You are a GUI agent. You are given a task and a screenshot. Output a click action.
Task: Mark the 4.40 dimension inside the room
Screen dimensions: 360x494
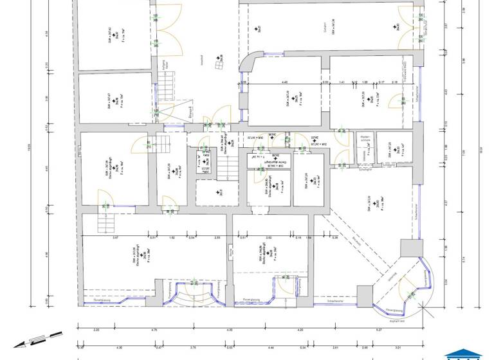(285, 82)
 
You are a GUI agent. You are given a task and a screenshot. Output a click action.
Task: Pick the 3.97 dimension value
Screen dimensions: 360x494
(116, 238)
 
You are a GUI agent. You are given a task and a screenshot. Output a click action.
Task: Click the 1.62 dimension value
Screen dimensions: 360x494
(172, 238)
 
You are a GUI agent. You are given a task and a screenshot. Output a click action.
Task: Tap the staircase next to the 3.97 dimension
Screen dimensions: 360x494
(104, 222)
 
